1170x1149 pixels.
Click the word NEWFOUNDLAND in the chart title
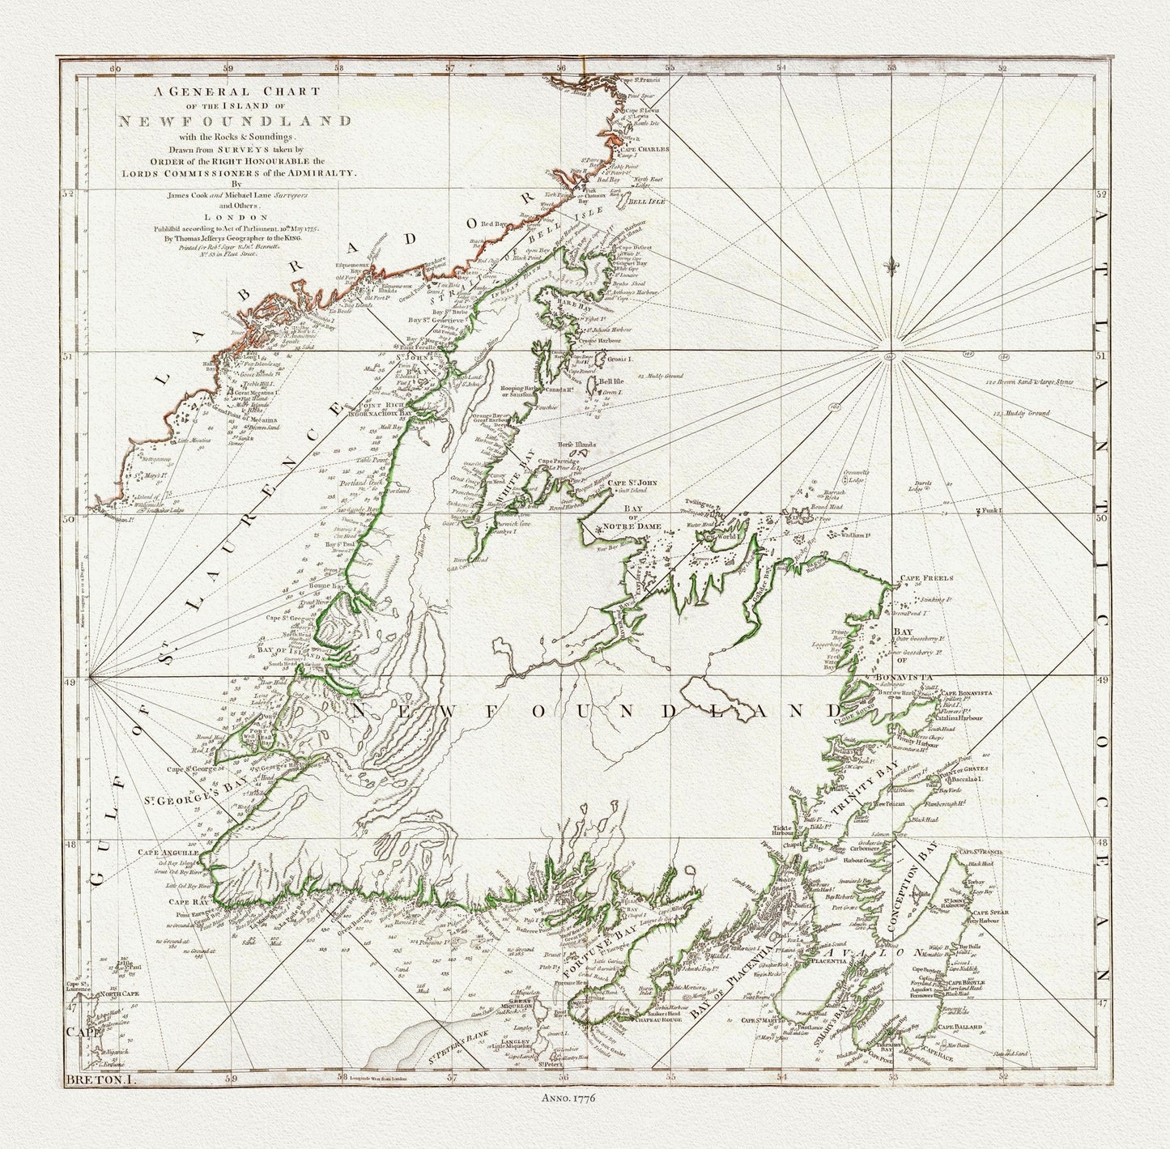235,122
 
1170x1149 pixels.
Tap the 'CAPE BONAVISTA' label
969,694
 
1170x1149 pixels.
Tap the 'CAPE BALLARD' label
961,1027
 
